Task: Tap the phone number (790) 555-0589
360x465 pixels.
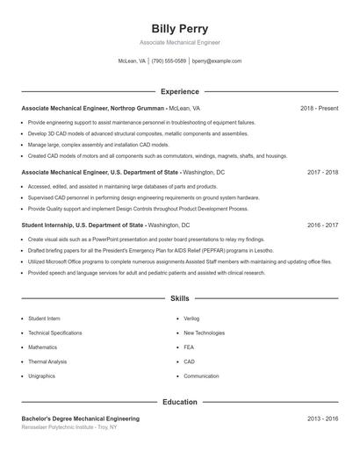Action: (169, 61)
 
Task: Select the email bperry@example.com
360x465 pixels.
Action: (216, 61)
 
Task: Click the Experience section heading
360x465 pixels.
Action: (179, 91)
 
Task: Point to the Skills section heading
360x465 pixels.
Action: (179, 299)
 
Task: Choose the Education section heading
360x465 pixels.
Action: (179, 402)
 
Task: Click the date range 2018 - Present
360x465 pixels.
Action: (319, 108)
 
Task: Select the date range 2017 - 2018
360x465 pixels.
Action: (323, 173)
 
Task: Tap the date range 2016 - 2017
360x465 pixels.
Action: (323, 225)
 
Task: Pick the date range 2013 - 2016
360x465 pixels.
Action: (323, 418)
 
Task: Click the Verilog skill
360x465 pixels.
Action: (192, 319)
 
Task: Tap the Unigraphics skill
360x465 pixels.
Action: (41, 376)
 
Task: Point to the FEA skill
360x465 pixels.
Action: (189, 347)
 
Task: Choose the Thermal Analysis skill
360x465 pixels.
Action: (47, 361)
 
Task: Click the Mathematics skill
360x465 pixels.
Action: (42, 347)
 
